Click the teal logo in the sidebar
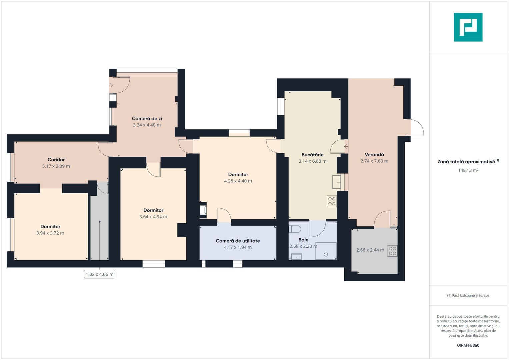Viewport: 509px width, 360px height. coord(468,27)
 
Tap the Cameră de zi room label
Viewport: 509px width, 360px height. coord(147,118)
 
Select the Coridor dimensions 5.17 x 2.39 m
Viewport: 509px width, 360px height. coord(56,166)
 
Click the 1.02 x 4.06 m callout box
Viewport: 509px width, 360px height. coord(100,274)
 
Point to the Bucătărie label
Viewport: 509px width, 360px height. coord(312,155)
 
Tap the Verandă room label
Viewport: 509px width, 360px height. coord(374,155)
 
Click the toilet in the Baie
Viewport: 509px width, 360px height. coord(294,229)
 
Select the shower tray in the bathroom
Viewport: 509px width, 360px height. coord(326,251)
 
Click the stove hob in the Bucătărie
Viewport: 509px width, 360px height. coord(332,201)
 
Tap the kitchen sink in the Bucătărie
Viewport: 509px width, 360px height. coord(336,182)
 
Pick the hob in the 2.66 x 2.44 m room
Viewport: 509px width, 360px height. coord(392,251)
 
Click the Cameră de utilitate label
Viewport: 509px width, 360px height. coord(238,241)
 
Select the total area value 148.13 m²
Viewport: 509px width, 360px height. coord(468,170)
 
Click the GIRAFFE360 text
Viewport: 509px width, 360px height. coord(468,345)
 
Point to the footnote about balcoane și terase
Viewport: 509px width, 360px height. coord(468,295)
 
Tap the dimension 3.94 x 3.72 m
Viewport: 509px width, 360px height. coord(50,233)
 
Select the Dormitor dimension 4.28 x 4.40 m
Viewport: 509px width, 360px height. coord(238,181)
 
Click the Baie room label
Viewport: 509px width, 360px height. coord(303,240)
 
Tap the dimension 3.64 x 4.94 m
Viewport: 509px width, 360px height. coord(153,217)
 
